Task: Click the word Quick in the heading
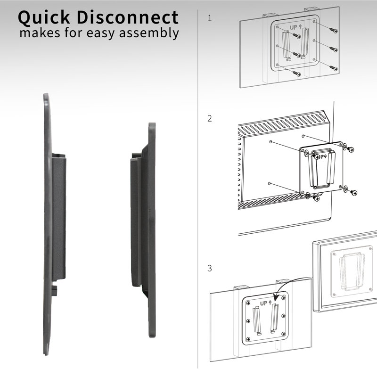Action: click(45, 18)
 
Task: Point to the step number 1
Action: click(210, 19)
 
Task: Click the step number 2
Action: click(210, 118)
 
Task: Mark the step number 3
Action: click(210, 269)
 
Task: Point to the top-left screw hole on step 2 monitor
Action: click(270, 141)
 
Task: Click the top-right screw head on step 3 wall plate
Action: click(284, 298)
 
